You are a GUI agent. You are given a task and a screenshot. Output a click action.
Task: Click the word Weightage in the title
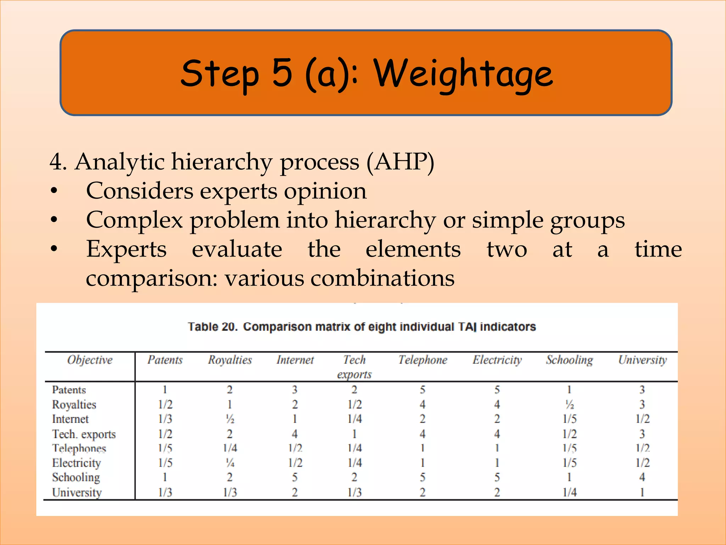463,74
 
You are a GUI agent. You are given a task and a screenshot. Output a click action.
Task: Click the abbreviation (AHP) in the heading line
400,163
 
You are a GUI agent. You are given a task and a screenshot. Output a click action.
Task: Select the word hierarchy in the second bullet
385,220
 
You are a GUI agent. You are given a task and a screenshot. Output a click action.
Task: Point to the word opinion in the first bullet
325,191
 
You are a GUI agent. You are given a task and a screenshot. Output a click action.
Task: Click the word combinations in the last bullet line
382,278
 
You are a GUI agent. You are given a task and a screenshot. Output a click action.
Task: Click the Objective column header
90,360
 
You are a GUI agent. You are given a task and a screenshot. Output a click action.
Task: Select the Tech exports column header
354,367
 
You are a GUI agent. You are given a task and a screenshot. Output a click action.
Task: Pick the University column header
642,360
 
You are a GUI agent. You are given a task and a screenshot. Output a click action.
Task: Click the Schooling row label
76,478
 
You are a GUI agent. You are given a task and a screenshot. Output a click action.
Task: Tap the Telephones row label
79,448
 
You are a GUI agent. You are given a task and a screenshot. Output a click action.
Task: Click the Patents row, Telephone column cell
423,390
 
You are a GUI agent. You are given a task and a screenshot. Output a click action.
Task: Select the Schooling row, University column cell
642,478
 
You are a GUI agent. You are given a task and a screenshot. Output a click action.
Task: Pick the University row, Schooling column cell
569,492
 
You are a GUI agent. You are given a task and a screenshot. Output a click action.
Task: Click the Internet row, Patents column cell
165,419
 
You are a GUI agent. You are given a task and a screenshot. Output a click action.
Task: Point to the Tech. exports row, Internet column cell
295,434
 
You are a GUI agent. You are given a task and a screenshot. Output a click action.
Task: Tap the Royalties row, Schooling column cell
569,404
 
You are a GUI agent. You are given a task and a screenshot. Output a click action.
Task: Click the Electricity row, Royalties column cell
230,463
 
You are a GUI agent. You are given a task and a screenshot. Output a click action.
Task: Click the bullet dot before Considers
54,191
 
